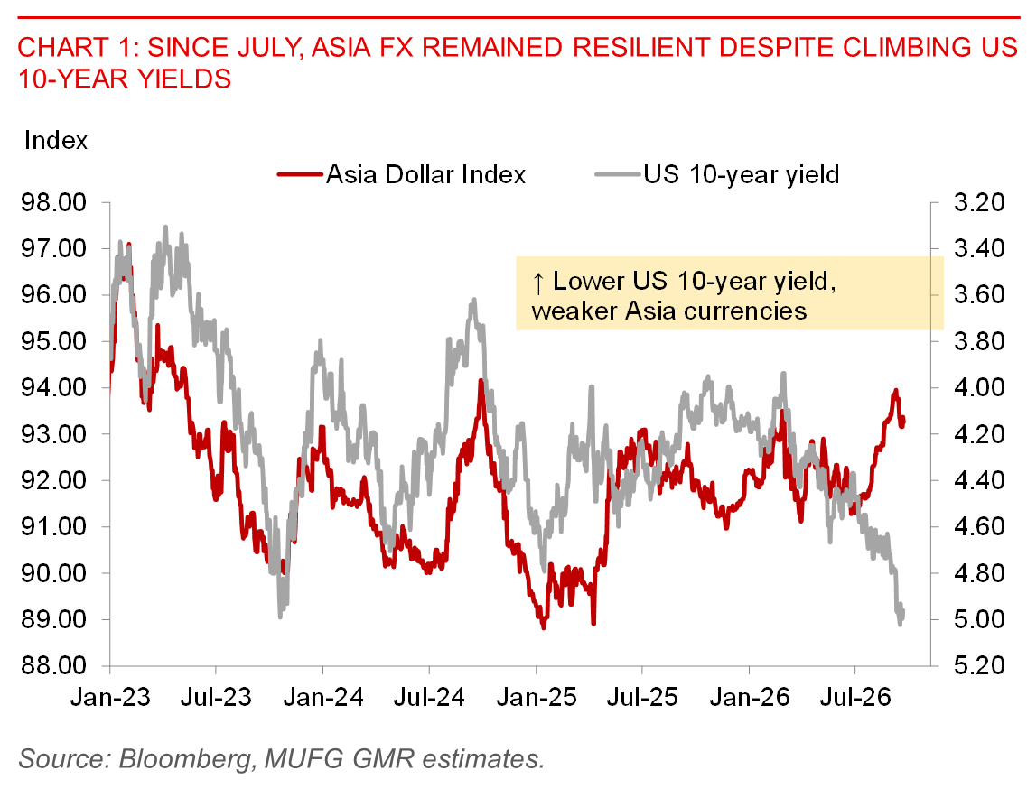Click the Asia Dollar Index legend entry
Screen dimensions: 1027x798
(402, 175)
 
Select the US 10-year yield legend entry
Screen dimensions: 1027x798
(717, 175)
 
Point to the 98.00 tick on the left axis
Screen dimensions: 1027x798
(53, 202)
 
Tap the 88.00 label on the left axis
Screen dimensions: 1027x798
(53, 666)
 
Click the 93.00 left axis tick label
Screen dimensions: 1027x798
(53, 434)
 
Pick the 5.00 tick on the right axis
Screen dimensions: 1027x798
(979, 619)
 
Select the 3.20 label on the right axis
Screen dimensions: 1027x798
(979, 202)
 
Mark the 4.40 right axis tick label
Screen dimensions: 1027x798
(979, 480)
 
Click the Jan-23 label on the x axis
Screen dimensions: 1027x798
(110, 697)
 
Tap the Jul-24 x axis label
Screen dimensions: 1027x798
(429, 697)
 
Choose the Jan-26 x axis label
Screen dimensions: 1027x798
(750, 697)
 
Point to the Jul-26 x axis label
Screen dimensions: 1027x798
(855, 697)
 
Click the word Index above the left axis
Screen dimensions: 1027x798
(56, 141)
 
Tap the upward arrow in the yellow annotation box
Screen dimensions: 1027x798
(538, 283)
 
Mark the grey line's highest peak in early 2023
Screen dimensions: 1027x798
(165, 227)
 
